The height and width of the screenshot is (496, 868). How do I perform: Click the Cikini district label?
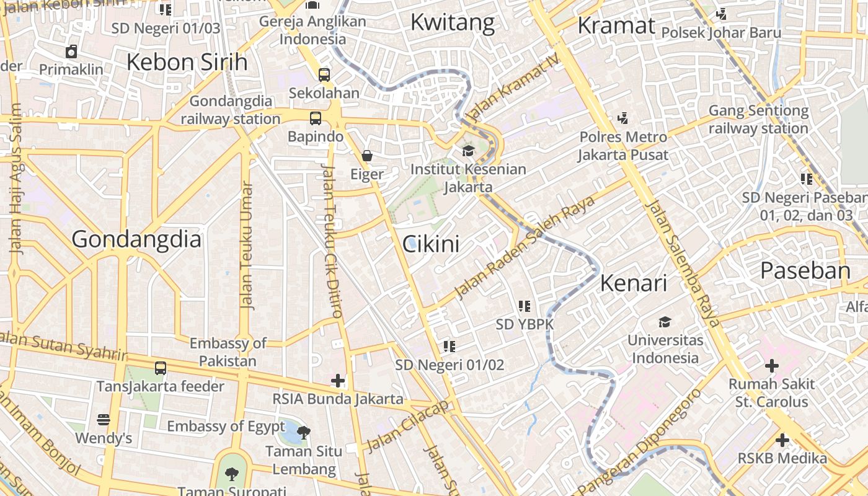pos(432,244)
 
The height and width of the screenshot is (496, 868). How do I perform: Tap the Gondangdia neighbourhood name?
pos(136,239)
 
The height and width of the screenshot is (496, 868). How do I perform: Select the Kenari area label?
pos(633,283)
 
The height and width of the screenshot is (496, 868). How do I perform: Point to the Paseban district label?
pos(805,271)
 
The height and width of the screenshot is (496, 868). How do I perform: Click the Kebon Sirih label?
pos(187,62)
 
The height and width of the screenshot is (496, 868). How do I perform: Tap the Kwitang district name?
pos(453,23)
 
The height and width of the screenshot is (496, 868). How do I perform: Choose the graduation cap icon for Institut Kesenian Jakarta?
pos(468,151)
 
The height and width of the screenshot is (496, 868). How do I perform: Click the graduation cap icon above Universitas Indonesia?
pos(665,322)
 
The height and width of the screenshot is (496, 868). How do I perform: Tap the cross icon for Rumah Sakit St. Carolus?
pos(771,366)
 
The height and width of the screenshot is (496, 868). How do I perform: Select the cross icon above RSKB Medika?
pos(782,440)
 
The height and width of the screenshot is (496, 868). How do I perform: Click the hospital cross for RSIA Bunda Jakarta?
pos(338,380)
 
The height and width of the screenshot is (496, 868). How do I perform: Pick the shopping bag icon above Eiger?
pos(367,155)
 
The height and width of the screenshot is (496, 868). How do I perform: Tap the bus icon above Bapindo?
pos(316,118)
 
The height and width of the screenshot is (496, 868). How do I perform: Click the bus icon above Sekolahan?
pos(324,74)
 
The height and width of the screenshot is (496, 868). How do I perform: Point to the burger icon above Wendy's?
pos(104,420)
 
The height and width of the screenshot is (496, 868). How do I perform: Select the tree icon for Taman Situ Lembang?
pos(304,432)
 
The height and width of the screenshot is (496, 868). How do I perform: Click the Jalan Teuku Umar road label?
pos(247,246)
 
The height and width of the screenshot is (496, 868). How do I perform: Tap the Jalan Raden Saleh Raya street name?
pos(525,247)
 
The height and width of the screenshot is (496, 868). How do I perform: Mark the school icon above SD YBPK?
pos(525,306)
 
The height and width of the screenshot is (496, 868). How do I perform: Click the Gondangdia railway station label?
pos(231,110)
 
